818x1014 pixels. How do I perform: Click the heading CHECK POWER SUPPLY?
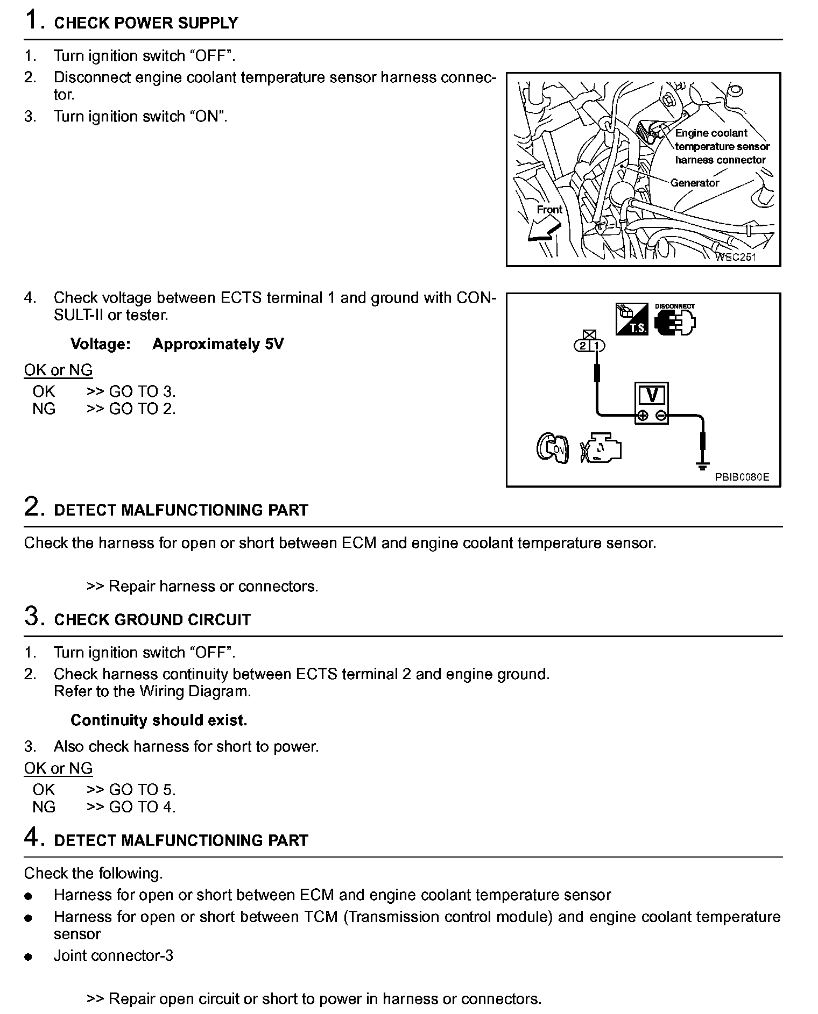click(146, 23)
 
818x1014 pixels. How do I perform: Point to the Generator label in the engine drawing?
click(694, 183)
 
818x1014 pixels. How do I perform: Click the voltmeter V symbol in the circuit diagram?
click(652, 396)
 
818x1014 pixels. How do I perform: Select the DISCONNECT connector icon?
click(675, 321)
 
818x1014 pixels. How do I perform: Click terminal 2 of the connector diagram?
click(583, 346)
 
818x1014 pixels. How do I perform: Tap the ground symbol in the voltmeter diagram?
click(702, 466)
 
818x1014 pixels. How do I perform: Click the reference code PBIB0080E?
click(742, 477)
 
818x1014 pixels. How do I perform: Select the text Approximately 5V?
click(217, 344)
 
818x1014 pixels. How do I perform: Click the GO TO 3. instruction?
click(142, 391)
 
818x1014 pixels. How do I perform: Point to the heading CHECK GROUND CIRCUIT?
click(152, 620)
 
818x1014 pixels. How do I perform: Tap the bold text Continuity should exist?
click(159, 720)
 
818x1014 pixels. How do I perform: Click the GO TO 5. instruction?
click(142, 790)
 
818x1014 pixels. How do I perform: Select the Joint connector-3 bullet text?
click(113, 955)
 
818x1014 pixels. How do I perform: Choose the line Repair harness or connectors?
click(213, 586)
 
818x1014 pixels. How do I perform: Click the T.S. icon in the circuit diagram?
click(632, 320)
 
